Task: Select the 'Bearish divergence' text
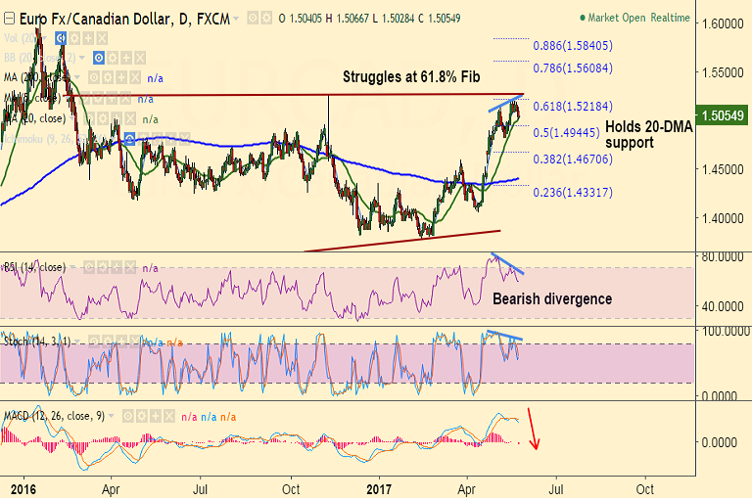pos(551,298)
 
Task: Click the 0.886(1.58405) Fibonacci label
pos(573,45)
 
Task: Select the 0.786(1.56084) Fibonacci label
pos(573,68)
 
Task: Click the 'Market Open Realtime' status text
pos(637,18)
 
